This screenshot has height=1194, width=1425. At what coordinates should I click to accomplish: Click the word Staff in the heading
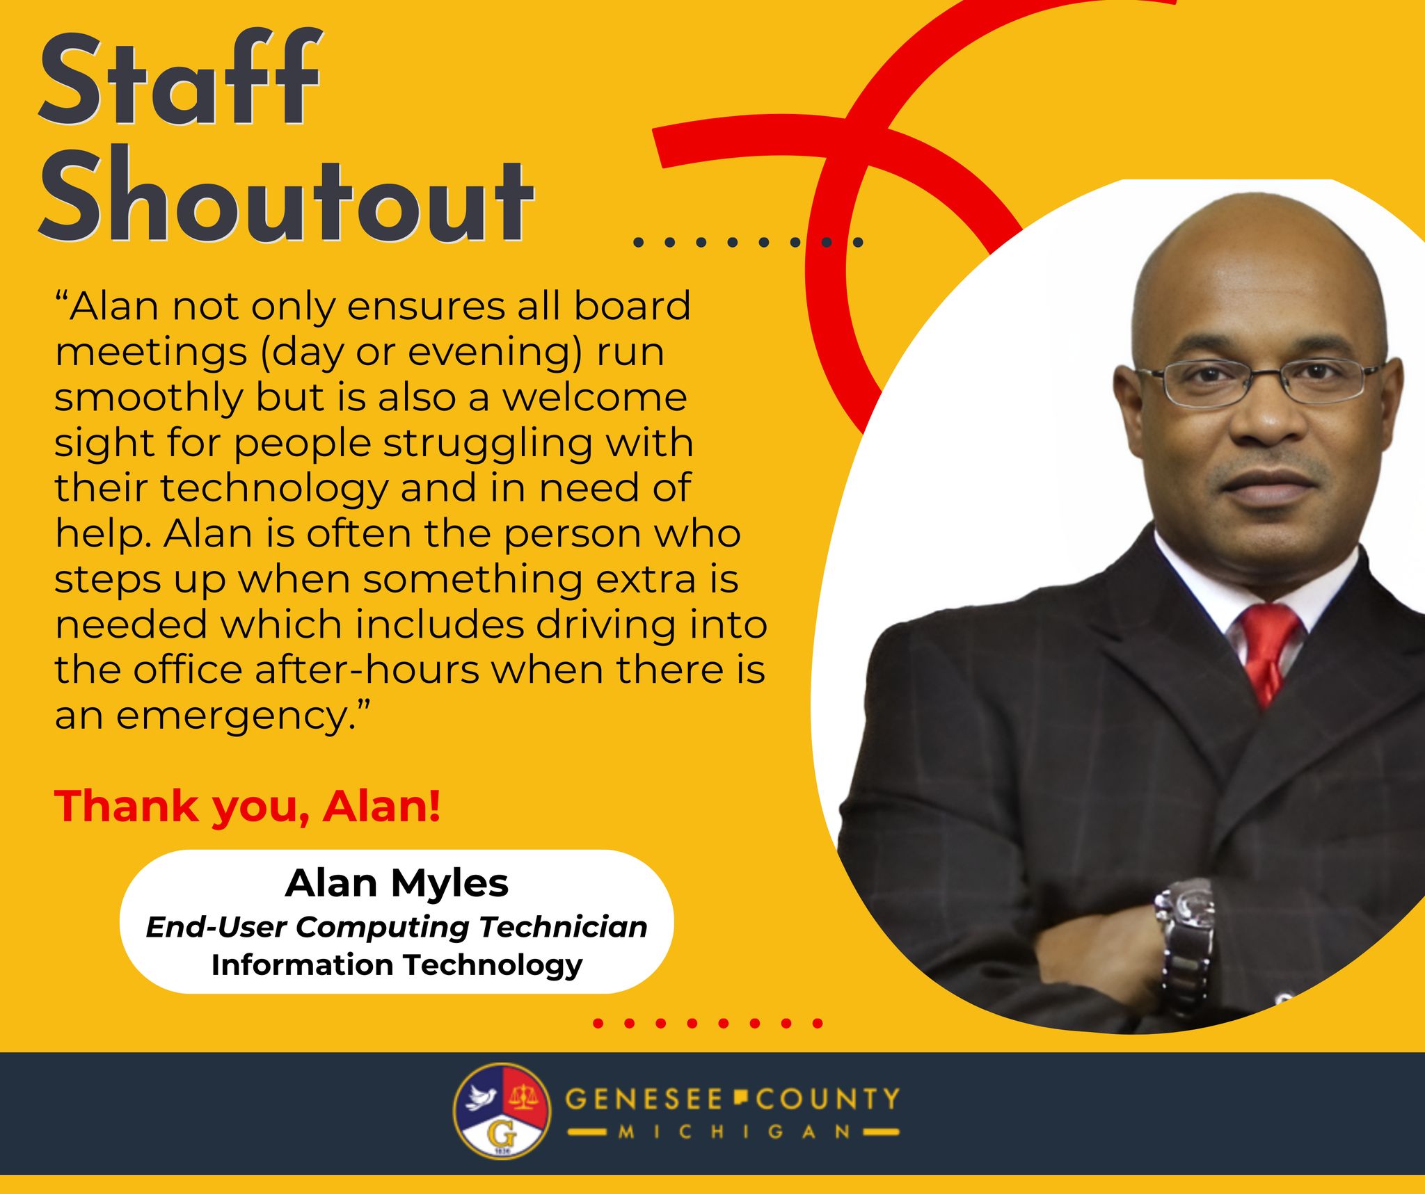[180, 78]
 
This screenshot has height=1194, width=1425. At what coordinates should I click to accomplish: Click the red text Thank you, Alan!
[247, 807]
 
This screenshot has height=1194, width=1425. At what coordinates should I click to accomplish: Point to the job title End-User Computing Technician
[397, 928]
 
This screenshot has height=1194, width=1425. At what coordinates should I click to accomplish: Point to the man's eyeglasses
[1259, 381]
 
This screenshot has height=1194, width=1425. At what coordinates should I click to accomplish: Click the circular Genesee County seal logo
[502, 1111]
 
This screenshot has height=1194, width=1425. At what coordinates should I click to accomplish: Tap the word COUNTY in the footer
[828, 1099]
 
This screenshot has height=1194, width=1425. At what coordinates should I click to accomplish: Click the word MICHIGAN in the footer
[735, 1132]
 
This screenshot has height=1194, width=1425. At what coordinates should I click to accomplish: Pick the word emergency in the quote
[231, 717]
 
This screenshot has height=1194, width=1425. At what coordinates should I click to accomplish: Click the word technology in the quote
[274, 490]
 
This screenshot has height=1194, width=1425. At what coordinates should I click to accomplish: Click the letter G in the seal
[502, 1134]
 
